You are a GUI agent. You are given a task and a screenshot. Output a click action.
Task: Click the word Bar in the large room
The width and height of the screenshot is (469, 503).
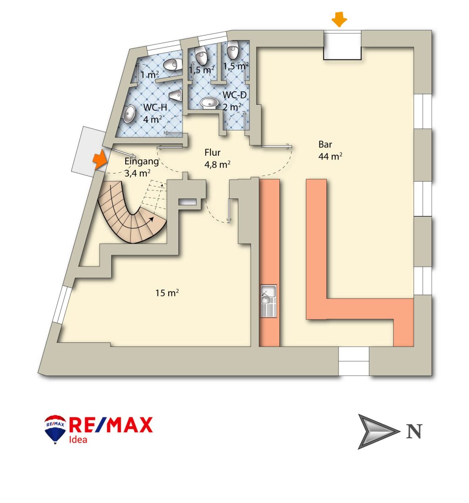pos(325,144)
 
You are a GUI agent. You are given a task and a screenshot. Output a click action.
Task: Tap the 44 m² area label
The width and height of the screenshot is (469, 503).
pos(331,156)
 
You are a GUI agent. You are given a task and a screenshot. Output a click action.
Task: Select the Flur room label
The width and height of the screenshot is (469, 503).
pos(212,152)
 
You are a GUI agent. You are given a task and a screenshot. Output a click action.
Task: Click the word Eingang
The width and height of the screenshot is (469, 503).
pos(142,162)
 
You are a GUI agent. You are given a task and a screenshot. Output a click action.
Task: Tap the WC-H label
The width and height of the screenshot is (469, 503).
pos(155,107)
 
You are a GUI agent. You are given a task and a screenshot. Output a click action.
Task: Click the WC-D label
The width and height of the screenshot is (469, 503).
pos(234,95)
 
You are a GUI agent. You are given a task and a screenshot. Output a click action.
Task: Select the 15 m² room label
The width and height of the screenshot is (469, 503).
pos(168,293)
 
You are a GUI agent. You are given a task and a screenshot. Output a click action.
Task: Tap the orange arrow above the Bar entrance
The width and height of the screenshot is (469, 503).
pos(339,20)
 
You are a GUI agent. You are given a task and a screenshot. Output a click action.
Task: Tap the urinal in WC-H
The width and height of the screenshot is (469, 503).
pos(176,96)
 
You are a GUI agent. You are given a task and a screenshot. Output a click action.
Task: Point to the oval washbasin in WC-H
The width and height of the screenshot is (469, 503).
pos(128,114)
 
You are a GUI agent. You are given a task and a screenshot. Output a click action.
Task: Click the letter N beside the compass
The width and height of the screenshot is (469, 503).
pos(415,432)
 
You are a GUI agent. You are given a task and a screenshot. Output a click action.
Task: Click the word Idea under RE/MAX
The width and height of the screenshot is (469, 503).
pos(78,439)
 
